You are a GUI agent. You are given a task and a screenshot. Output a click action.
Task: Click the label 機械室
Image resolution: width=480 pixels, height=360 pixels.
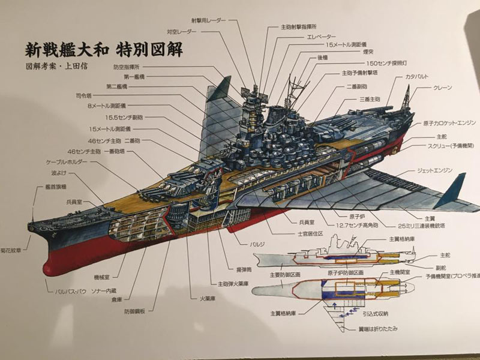point(89,277)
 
